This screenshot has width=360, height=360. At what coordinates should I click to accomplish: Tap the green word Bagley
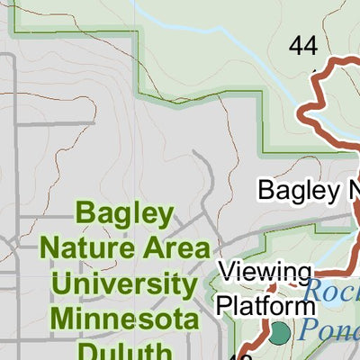(x=124, y=214)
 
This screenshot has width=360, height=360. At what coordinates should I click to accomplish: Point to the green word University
(x=124, y=284)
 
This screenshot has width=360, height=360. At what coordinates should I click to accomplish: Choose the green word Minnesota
(x=124, y=319)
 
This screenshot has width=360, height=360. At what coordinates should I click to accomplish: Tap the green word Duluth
(x=124, y=349)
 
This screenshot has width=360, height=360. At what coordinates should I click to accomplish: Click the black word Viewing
(x=265, y=271)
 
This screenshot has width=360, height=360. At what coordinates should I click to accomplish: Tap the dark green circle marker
(x=280, y=333)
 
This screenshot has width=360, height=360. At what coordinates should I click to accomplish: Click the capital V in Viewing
(x=229, y=271)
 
